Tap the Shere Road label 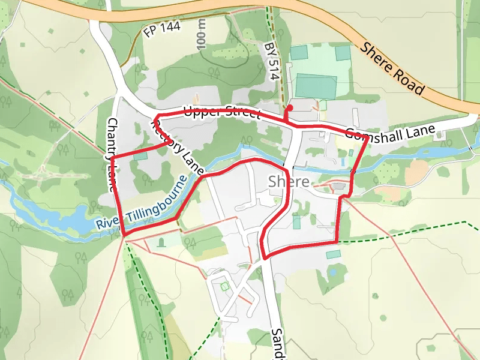(393, 68)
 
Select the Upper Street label (222, 112)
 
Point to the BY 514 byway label (273, 61)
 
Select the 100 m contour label (201, 34)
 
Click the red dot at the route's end (290, 107)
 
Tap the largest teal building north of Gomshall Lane (316, 86)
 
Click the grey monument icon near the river (161, 242)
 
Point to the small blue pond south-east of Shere (332, 272)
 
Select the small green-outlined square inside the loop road (225, 287)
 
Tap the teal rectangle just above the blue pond (333, 255)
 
